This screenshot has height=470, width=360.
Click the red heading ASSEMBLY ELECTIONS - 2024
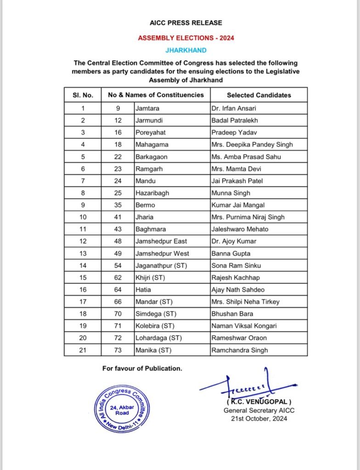click(x=186, y=38)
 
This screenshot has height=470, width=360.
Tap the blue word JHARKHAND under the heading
click(x=186, y=50)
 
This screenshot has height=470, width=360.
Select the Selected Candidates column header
click(x=259, y=95)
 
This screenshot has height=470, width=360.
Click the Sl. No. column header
click(x=83, y=95)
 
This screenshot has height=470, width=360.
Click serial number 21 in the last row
click(x=83, y=350)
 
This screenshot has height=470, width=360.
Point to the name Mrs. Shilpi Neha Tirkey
click(x=245, y=302)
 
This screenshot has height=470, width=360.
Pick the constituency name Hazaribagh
click(x=152, y=193)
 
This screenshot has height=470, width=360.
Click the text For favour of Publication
click(x=142, y=368)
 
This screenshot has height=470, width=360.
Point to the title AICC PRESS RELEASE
click(x=186, y=22)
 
